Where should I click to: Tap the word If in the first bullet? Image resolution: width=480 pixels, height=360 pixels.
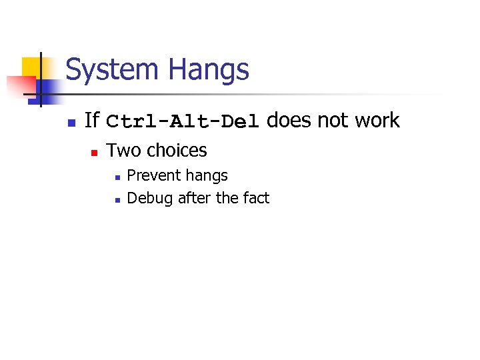[x=92, y=121]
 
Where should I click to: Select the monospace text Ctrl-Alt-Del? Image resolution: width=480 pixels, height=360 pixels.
[x=182, y=122]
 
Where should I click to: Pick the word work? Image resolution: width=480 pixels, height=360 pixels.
[x=377, y=121]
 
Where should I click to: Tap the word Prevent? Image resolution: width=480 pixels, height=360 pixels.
[x=154, y=176]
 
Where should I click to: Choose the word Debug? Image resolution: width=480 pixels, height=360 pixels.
[x=151, y=199]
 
